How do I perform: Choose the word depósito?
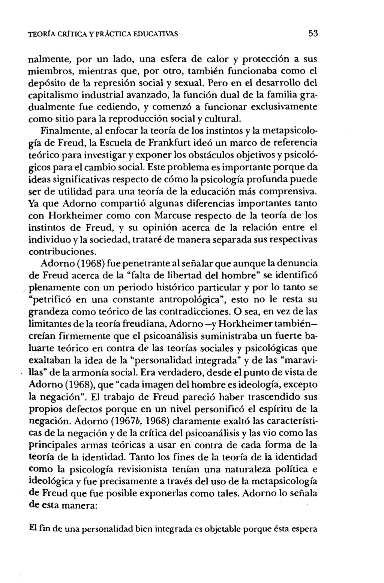(46, 83)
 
